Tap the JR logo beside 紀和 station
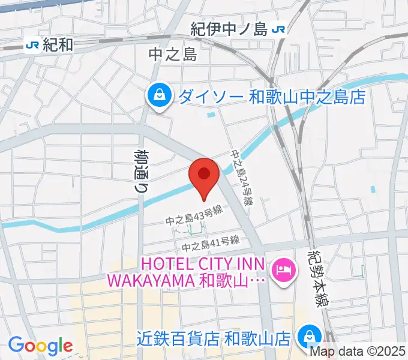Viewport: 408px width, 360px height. click(x=32, y=44)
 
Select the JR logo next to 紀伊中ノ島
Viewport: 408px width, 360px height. click(x=278, y=28)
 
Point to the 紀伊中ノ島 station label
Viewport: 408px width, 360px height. click(x=229, y=28)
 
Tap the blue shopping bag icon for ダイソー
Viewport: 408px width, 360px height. click(x=160, y=97)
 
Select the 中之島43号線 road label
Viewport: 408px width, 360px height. click(x=195, y=221)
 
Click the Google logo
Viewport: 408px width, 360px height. click(x=40, y=346)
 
